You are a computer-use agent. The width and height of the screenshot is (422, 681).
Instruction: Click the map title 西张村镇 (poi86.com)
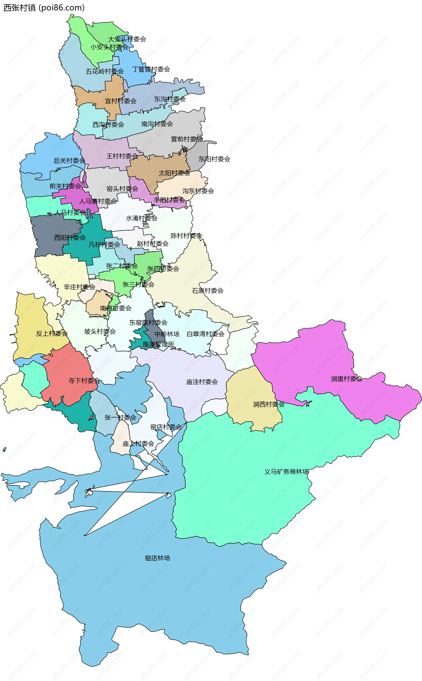[x=44, y=8]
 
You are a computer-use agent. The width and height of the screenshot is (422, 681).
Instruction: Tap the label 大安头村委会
[x=127, y=39]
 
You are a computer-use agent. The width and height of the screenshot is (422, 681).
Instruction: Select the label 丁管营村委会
[x=151, y=69]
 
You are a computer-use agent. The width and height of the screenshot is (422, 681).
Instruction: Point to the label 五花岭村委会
[x=105, y=71]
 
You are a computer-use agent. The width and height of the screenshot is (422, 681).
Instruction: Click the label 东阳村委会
[x=214, y=159]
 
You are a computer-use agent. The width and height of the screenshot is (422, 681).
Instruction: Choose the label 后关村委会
[x=69, y=161]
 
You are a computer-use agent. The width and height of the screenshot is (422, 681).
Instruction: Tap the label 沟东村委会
[x=198, y=191]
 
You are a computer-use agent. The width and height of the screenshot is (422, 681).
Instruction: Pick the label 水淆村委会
[x=142, y=218]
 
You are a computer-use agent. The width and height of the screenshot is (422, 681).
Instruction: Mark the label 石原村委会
[x=208, y=291]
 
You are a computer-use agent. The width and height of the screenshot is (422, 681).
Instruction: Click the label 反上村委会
[x=52, y=333]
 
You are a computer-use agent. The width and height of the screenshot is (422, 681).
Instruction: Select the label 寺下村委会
[x=84, y=381]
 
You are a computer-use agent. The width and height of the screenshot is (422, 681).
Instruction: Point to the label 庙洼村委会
[x=202, y=382]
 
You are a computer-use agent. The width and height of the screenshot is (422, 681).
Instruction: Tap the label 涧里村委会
[x=347, y=379]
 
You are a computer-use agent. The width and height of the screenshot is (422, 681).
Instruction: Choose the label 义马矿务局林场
[x=287, y=472]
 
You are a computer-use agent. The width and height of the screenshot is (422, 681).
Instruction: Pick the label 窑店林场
[x=157, y=558]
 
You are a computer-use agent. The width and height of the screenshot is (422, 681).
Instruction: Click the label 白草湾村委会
[x=206, y=334]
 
